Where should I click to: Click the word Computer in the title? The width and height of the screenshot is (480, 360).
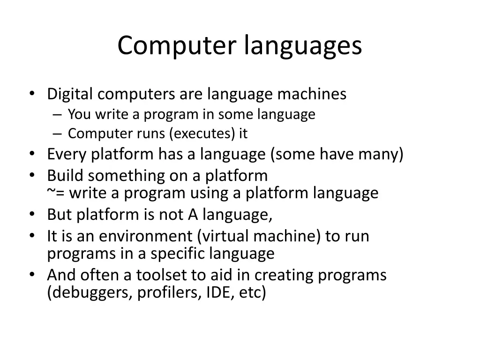click(x=178, y=46)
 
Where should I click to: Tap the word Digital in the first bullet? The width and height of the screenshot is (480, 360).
click(x=70, y=94)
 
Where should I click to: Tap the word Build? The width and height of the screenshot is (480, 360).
click(x=66, y=176)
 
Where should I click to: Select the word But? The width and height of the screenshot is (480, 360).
click(x=60, y=215)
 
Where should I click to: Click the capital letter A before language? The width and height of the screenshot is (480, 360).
click(x=193, y=215)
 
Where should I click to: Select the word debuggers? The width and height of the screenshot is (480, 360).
click(x=90, y=292)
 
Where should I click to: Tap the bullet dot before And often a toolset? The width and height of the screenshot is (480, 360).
click(x=31, y=274)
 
